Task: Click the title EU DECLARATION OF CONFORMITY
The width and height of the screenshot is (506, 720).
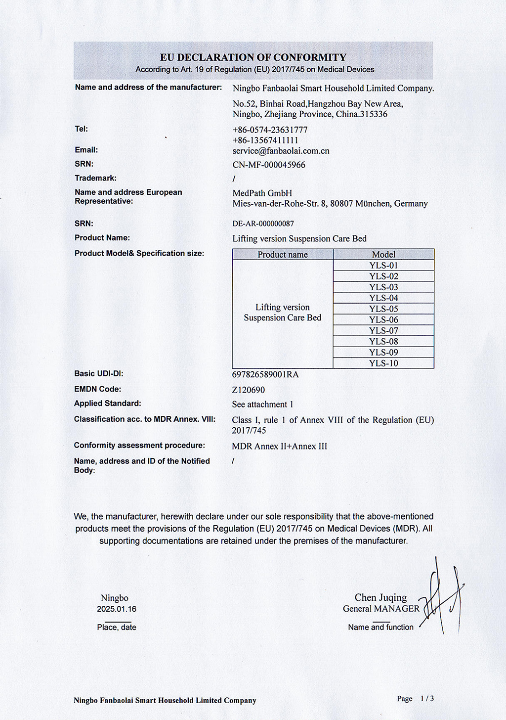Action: click(253, 57)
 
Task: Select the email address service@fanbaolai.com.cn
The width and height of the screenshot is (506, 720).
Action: click(281, 151)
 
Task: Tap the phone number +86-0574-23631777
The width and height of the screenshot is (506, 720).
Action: click(270, 130)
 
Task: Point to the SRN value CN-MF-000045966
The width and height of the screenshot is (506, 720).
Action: click(269, 165)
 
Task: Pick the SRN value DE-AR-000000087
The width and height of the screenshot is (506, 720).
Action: click(263, 224)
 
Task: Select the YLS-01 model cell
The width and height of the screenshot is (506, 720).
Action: click(383, 266)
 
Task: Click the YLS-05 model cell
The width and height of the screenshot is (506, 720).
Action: click(383, 309)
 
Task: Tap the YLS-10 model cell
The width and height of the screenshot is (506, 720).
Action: click(383, 363)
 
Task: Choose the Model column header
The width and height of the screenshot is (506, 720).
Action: click(383, 255)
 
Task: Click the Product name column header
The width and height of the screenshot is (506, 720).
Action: click(283, 255)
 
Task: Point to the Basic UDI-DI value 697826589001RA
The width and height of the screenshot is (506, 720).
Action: click(265, 374)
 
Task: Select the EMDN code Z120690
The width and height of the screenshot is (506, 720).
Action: click(249, 390)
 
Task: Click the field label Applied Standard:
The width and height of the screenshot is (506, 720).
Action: click(107, 404)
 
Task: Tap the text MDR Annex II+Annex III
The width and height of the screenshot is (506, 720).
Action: click(280, 447)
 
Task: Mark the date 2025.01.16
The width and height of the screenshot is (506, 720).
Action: click(117, 609)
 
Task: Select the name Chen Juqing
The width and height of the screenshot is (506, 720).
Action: click(380, 598)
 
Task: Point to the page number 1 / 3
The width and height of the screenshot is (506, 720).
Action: click(426, 699)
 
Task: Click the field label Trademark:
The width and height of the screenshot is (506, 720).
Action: click(96, 178)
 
